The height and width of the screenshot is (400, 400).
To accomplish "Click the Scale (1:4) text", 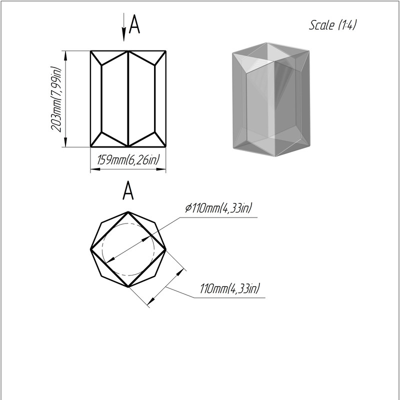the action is click(x=332, y=25).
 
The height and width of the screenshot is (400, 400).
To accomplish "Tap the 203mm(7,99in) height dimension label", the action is click(x=56, y=99).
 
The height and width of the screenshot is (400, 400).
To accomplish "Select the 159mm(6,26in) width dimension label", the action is click(x=128, y=160).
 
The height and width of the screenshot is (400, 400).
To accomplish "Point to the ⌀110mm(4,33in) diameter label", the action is click(x=218, y=208).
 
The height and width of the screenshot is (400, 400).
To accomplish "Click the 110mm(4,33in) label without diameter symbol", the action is click(x=229, y=288).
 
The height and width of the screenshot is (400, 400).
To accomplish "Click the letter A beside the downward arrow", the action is click(x=134, y=24).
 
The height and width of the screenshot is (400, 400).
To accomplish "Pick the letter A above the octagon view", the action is click(x=128, y=190).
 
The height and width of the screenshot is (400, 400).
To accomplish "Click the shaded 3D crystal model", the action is click(x=271, y=99).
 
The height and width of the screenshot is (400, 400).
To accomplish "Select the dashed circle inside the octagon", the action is click(x=128, y=223).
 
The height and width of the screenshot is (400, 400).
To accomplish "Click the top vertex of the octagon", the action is click(x=128, y=211).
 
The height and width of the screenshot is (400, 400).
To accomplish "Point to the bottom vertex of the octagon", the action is click(x=128, y=287).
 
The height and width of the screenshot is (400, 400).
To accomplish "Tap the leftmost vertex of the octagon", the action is click(x=90, y=249).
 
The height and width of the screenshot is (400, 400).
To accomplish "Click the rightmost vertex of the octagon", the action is click(x=166, y=249).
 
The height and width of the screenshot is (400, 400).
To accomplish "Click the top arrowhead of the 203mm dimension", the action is click(x=65, y=55).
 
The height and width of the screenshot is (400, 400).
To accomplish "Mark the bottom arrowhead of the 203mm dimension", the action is click(x=65, y=142).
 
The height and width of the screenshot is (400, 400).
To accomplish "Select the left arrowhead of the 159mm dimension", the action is click(x=95, y=169).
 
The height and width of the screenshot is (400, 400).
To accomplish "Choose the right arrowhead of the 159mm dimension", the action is click(x=161, y=169).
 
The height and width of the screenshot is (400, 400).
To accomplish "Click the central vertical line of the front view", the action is click(x=128, y=98).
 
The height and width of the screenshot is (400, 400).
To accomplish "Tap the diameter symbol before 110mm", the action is click(x=188, y=208).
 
